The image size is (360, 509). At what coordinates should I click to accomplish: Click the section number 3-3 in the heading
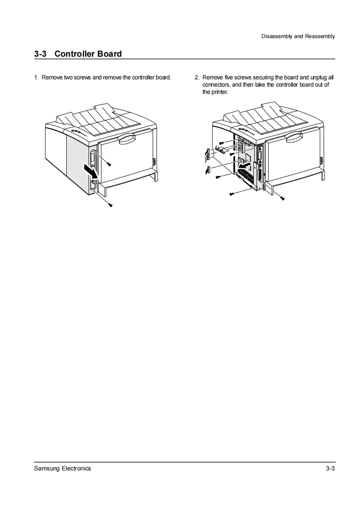pyautogui.click(x=40, y=54)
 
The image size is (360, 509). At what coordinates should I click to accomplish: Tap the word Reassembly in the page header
pyautogui.click(x=320, y=36)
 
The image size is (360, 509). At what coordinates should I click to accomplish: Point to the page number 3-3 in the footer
pyautogui.click(x=330, y=469)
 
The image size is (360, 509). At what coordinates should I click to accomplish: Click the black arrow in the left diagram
pyautogui.click(x=91, y=172)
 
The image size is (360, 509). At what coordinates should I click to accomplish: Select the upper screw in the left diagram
pyautogui.click(x=109, y=165)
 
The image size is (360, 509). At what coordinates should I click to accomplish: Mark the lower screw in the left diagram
pyautogui.click(x=111, y=205)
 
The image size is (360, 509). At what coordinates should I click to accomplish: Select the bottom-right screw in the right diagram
pyautogui.click(x=282, y=198)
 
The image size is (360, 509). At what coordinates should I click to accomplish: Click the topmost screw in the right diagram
pyautogui.click(x=221, y=143)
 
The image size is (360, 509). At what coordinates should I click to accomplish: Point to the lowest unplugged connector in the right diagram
pyautogui.click(x=208, y=170)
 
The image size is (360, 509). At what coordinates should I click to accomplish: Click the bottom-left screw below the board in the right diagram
pyautogui.click(x=232, y=194)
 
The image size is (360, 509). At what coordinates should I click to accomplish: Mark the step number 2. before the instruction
pyautogui.click(x=197, y=77)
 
